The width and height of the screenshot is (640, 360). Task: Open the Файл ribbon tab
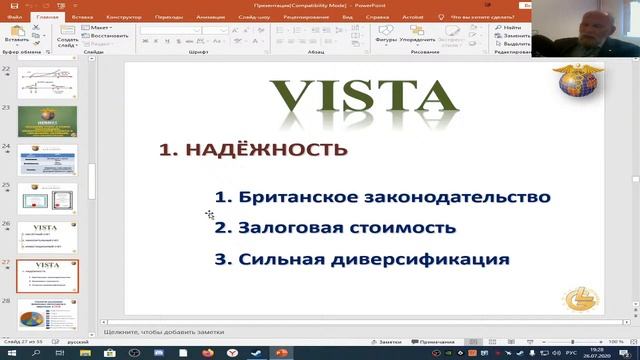point(13,17)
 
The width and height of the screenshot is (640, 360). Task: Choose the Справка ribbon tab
point(378,17)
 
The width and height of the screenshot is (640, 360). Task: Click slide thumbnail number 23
point(46,119)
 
